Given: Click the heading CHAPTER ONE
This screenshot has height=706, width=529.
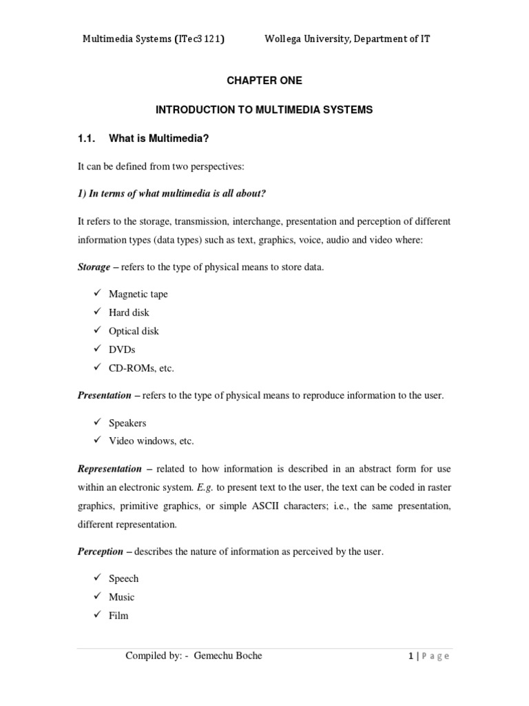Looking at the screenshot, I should [264, 81].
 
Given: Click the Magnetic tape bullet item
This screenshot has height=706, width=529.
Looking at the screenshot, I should [138, 294].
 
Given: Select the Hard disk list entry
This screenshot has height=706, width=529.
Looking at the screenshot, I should [129, 312].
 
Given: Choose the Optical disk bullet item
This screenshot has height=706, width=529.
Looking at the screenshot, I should [134, 331].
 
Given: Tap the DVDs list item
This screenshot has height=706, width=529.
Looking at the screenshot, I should [122, 350].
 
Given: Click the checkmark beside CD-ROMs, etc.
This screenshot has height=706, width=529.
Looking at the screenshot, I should [97, 367].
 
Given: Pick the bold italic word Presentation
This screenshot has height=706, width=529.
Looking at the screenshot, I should [104, 395].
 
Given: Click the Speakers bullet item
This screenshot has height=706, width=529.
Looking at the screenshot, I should [127, 423].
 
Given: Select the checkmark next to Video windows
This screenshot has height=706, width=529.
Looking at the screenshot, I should [97, 441].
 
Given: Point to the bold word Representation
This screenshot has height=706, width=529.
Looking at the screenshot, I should [109, 469].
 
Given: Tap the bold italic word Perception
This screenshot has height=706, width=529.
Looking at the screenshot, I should [101, 551].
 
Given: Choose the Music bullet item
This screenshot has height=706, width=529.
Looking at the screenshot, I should [122, 596].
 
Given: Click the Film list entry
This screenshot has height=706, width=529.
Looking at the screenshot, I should [118, 615].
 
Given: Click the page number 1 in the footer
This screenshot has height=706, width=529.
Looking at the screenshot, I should [410, 656].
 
